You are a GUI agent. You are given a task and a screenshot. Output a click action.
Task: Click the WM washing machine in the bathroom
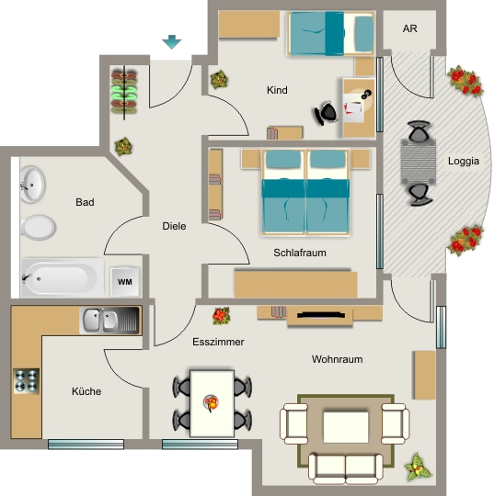[x=125, y=281]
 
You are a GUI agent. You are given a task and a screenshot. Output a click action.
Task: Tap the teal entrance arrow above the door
[x=172, y=41]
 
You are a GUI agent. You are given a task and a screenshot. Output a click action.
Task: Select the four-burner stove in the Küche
[x=27, y=381]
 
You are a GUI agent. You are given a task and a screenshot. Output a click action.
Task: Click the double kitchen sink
[x=109, y=321]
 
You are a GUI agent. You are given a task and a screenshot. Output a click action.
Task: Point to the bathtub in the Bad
[x=63, y=278]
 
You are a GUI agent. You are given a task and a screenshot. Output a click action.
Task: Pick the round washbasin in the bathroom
[x=32, y=185]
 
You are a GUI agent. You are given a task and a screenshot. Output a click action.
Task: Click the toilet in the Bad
[x=38, y=228]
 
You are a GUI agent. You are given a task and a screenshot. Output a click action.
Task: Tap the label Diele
[x=174, y=226]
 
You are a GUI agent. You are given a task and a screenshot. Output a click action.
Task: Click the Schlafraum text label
[x=300, y=253]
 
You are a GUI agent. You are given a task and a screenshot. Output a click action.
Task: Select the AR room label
[x=409, y=28]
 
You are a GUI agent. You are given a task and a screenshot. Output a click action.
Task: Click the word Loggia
[x=464, y=161]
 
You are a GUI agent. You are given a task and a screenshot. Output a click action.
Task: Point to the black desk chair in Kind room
[x=326, y=113]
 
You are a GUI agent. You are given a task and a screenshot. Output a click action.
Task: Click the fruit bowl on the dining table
[x=211, y=402]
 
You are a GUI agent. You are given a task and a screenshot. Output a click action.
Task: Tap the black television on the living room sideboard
[x=321, y=314]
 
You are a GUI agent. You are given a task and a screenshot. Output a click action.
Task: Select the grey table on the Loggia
[x=419, y=162]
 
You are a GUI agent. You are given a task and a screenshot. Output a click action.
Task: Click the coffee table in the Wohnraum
[x=346, y=427]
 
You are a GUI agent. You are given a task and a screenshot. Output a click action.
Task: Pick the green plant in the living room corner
[x=418, y=467]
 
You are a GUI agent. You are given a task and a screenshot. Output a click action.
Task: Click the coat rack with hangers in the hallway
[x=124, y=92]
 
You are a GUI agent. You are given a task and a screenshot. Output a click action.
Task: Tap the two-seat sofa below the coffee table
[x=346, y=468]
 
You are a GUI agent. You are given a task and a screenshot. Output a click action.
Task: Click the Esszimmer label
[x=218, y=342]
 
